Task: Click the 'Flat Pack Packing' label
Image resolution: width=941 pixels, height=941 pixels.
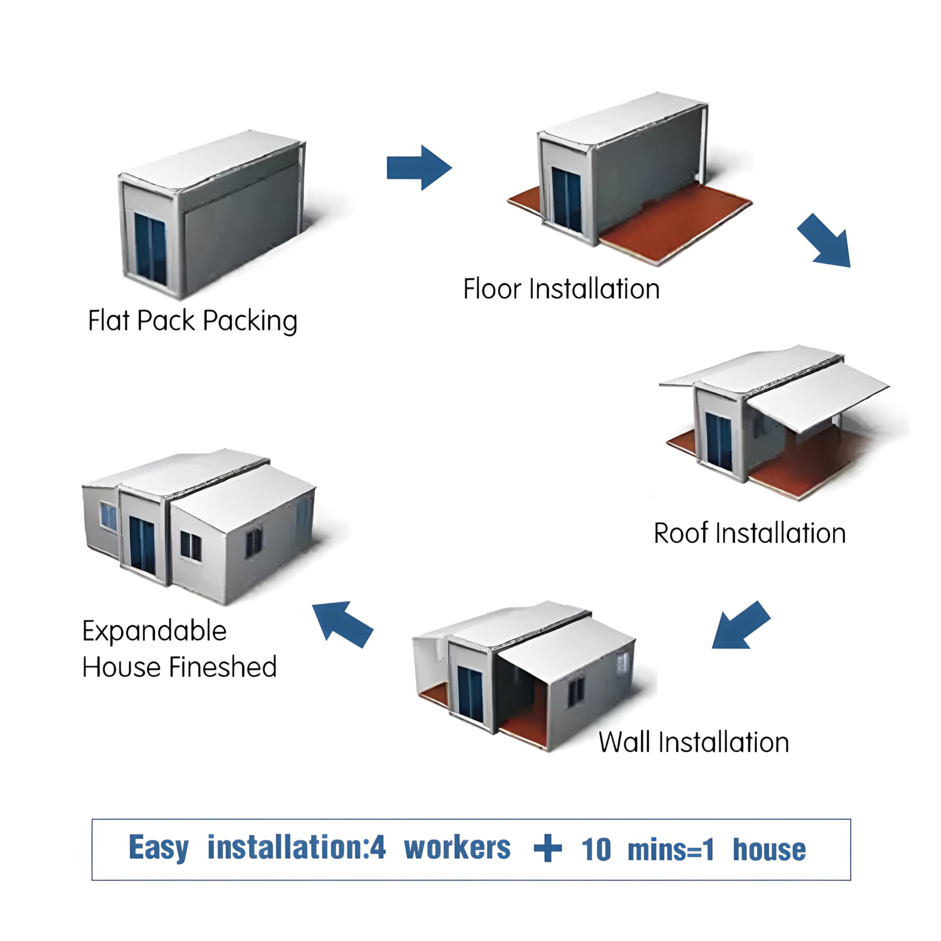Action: pos(193,321)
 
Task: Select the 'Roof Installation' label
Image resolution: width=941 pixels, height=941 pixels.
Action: pos(749,533)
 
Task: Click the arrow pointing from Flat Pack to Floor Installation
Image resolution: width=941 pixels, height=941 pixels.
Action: pos(419,168)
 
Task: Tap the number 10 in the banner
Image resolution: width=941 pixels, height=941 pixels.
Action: pos(596,849)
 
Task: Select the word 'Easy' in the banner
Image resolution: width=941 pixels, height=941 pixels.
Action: pos(159,849)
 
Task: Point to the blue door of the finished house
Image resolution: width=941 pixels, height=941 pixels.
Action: pos(142,545)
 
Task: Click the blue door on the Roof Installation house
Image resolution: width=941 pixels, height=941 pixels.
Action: pos(718,442)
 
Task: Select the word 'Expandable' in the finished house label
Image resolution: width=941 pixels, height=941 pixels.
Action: pos(154,631)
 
